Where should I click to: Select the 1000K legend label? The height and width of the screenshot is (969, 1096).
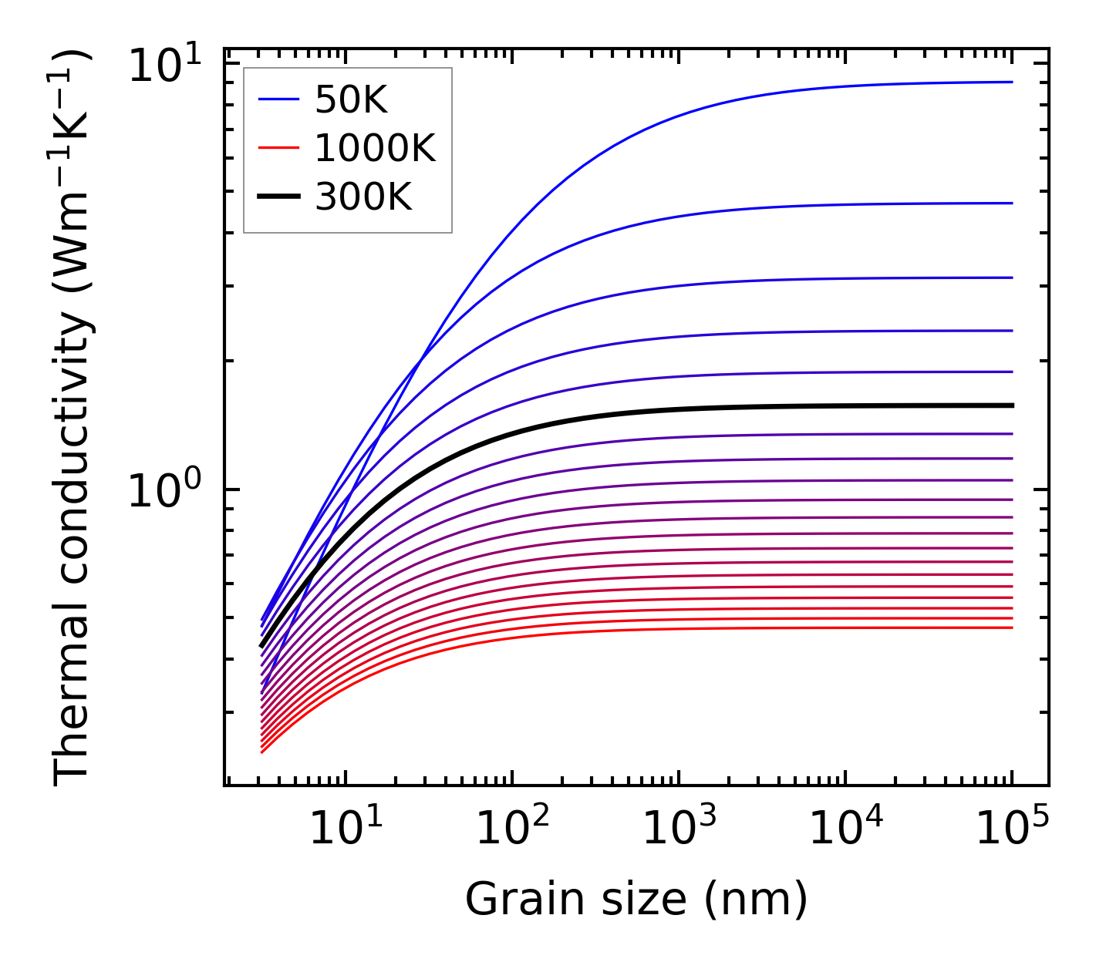375,148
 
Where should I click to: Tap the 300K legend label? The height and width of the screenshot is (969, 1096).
363,197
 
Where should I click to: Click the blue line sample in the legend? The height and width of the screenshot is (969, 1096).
278,99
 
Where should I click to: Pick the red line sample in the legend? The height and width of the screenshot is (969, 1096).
278,148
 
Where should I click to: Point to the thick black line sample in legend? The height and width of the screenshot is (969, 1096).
278,197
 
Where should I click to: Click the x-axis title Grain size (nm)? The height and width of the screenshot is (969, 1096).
636,899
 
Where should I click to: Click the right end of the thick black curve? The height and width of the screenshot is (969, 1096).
1011,405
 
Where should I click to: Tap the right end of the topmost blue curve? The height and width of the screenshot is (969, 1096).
1011,82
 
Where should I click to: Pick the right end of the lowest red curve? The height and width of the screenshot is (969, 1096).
1011,627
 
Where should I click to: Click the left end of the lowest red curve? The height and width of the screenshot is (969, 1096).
262,752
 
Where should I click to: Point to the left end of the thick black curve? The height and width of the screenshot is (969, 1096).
262,646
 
